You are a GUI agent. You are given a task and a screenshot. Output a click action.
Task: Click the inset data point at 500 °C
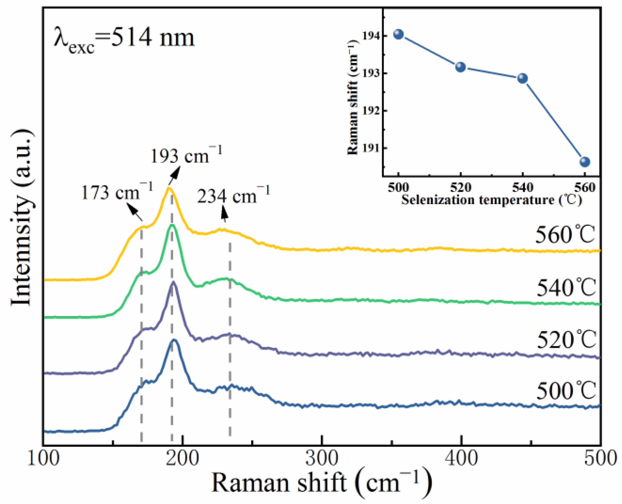point(398,34)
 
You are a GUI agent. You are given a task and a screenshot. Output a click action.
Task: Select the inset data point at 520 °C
point(460,67)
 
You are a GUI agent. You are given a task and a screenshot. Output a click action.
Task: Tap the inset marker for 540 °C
point(522,78)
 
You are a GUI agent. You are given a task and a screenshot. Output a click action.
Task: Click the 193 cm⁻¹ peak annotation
point(186,155)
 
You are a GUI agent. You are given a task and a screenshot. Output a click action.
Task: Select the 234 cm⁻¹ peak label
point(233,196)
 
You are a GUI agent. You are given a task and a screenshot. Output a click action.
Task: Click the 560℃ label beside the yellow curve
point(565,235)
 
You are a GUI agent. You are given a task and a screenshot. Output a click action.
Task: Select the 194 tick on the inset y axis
point(371,36)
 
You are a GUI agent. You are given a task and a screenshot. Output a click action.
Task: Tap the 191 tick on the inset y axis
point(371,148)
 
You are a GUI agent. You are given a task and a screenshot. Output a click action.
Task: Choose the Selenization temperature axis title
point(492,200)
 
